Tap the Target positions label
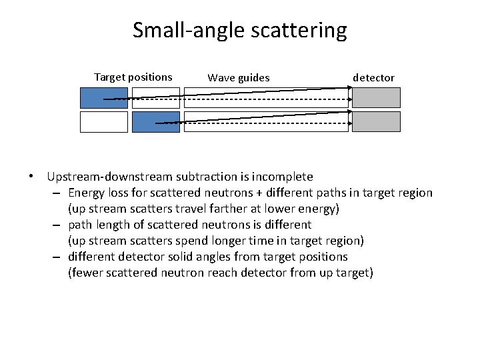click(x=133, y=77)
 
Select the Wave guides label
click(x=239, y=77)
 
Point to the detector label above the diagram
click(x=373, y=77)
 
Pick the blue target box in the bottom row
click(x=155, y=121)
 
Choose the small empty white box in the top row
click(x=155, y=97)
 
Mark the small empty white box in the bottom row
click(x=103, y=121)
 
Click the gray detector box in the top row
click(x=376, y=97)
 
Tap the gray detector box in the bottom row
click(x=376, y=121)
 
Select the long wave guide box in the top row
click(x=266, y=97)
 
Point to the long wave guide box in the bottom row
click(x=266, y=121)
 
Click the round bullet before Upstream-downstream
click(x=31, y=177)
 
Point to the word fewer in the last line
click(x=85, y=273)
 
